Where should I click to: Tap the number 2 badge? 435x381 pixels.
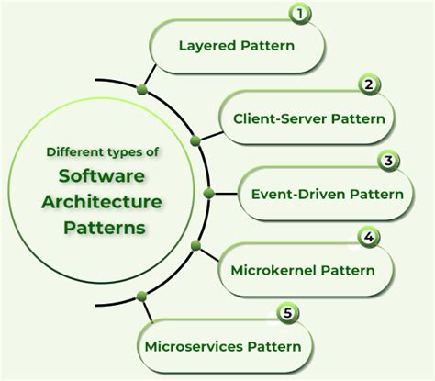[x=369, y=85]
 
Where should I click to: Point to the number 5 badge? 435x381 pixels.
[x=287, y=313]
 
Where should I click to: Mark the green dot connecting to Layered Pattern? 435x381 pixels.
[x=141, y=89]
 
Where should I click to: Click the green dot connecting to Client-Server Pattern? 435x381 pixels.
[x=195, y=140]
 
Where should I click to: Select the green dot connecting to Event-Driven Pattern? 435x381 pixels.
[x=208, y=194]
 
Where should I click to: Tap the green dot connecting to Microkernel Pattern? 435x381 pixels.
[x=195, y=246]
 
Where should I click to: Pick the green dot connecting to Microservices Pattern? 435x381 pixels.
[x=141, y=296]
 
